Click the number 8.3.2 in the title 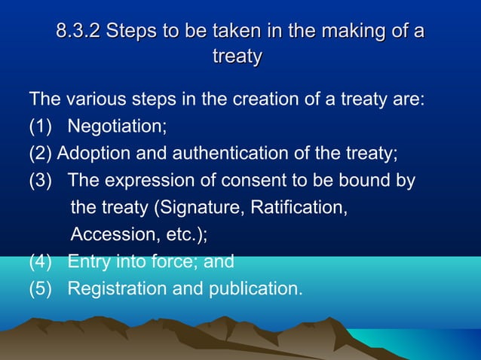(78, 32)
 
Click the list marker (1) (41, 127)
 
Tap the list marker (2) (41, 154)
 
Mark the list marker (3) (41, 182)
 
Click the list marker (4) (41, 262)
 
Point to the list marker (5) (41, 288)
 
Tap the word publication (253, 288)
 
